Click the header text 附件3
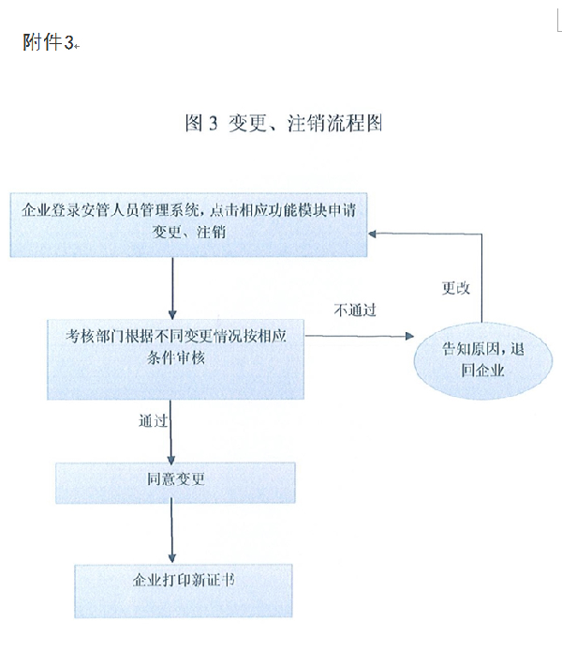pos(48,42)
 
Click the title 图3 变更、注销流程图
pos(284,123)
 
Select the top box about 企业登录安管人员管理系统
pos(188,224)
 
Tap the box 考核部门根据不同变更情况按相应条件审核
pos(175,359)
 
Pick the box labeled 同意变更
pos(175,483)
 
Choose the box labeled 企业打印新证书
pos(184,590)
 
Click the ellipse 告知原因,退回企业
pos(483,361)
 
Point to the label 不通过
pos(355,310)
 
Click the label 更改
pos(456,288)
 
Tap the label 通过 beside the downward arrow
pos(154,421)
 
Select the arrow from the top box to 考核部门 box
pos(172,288)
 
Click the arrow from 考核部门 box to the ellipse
pos(360,336)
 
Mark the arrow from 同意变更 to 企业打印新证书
pos(171,534)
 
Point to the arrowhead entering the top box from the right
pos(372,235)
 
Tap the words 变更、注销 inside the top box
pos(189,232)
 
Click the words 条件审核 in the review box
pos(176,357)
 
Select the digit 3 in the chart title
pos(213,124)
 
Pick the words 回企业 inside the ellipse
pos(482,370)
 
